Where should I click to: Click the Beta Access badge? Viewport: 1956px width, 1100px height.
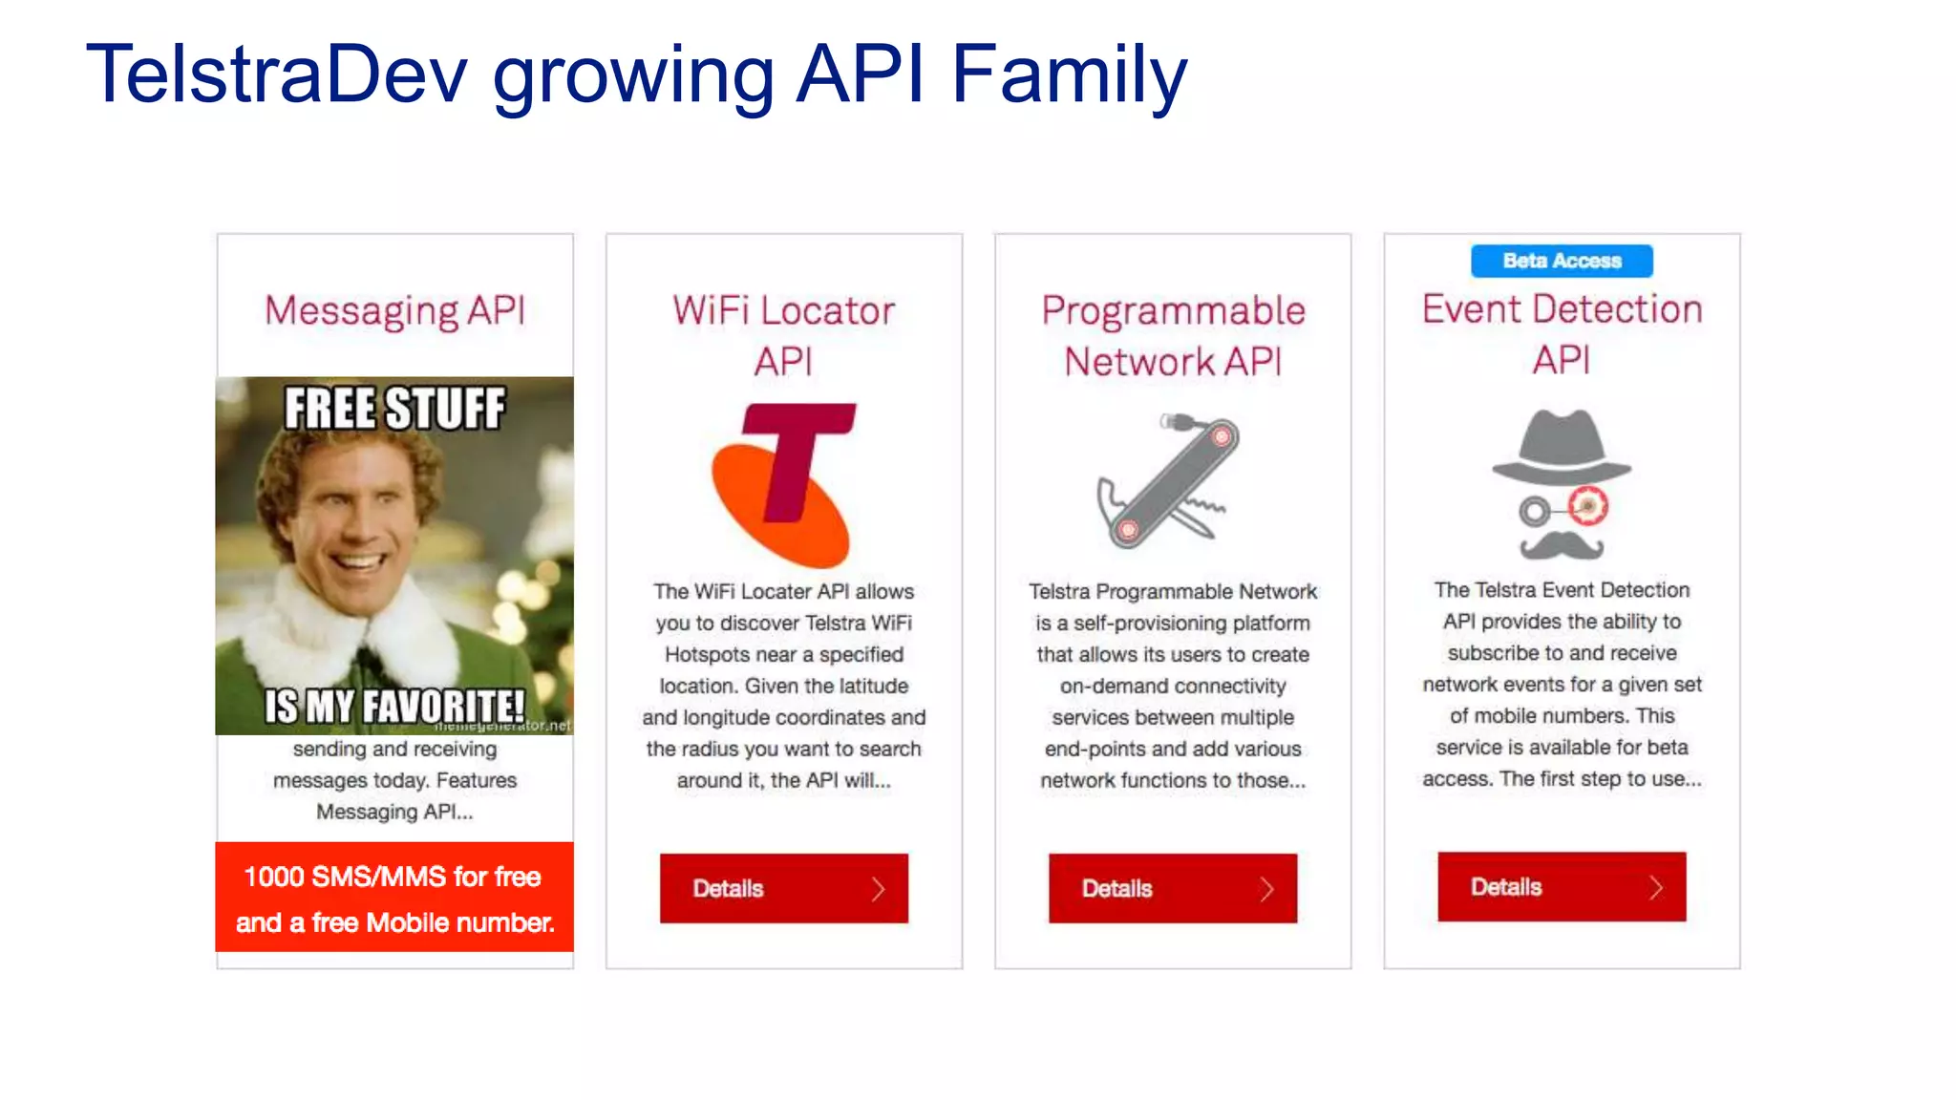pos(1562,261)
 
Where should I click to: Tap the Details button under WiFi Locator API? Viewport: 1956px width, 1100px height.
pos(783,888)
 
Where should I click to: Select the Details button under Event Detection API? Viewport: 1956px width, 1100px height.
pos(1562,887)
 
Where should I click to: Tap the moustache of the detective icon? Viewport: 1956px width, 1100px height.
pos(1562,546)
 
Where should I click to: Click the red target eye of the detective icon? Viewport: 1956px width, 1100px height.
pos(1588,505)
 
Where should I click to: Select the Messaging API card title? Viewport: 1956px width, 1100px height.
pos(394,310)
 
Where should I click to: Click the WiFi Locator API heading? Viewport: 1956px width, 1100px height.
pos(783,335)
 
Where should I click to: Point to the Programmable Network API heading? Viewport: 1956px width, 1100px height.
pos(1173,335)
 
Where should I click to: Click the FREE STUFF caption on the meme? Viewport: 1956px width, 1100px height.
pos(394,409)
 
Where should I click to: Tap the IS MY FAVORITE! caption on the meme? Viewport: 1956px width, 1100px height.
pos(394,707)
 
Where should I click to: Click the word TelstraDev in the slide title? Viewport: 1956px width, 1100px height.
pos(277,74)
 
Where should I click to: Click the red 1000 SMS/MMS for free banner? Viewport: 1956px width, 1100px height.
pos(394,898)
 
